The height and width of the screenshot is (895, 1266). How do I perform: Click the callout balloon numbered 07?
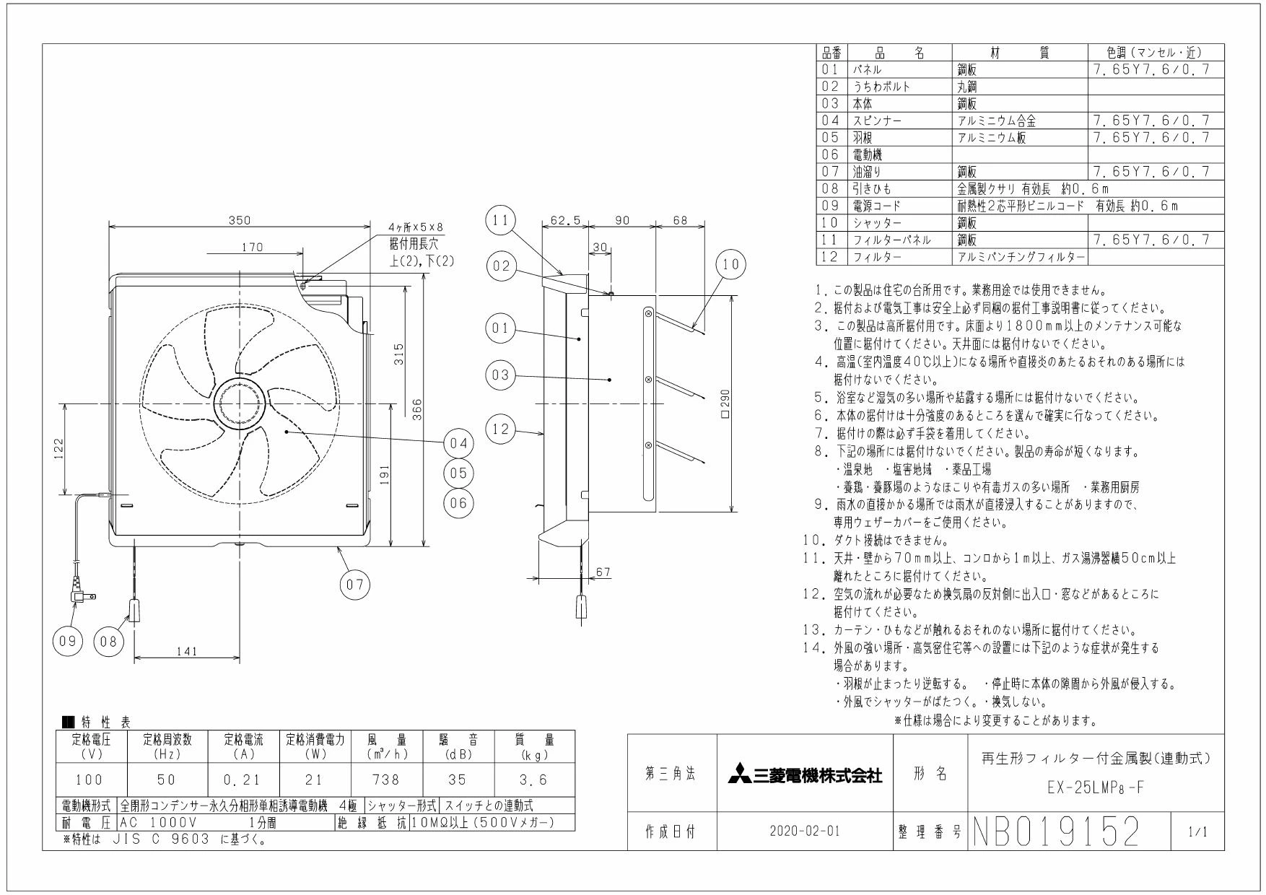click(355, 585)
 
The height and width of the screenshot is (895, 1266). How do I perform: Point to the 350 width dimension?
click(240, 221)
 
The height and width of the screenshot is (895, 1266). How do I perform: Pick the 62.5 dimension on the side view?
click(565, 221)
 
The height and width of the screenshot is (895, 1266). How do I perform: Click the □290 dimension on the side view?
click(725, 404)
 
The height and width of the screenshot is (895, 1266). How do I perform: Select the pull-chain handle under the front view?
click(134, 611)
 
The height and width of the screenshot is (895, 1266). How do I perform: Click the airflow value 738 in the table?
click(387, 780)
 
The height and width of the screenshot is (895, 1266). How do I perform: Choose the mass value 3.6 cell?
click(534, 780)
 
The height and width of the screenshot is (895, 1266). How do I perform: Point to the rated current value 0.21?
click(243, 780)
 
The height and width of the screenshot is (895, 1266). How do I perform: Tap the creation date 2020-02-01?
click(806, 831)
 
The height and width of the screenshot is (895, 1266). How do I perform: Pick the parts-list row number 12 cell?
click(831, 257)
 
